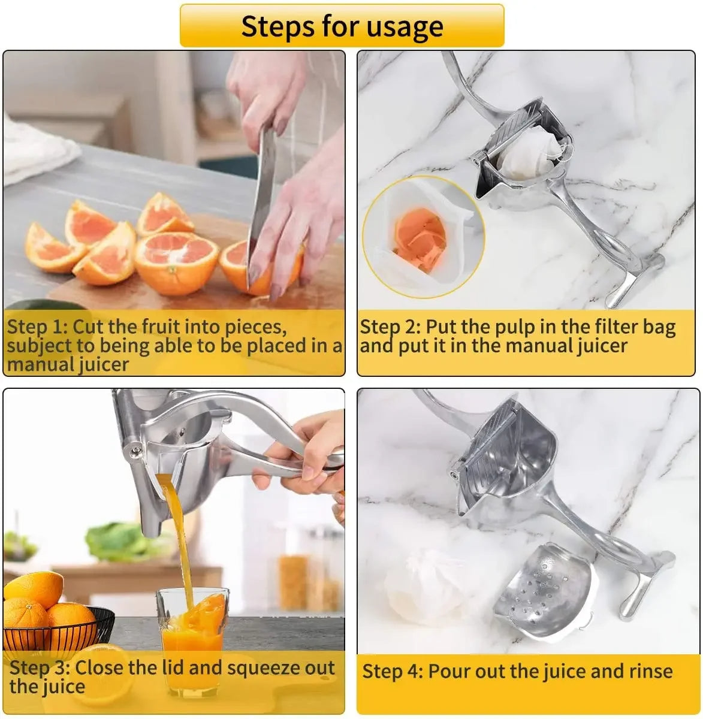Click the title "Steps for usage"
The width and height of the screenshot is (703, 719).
tap(342, 26)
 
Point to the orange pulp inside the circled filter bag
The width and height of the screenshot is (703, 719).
tap(420, 234)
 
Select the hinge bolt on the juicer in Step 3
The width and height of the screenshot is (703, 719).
tap(135, 449)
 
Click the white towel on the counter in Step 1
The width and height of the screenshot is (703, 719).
tap(36, 150)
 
